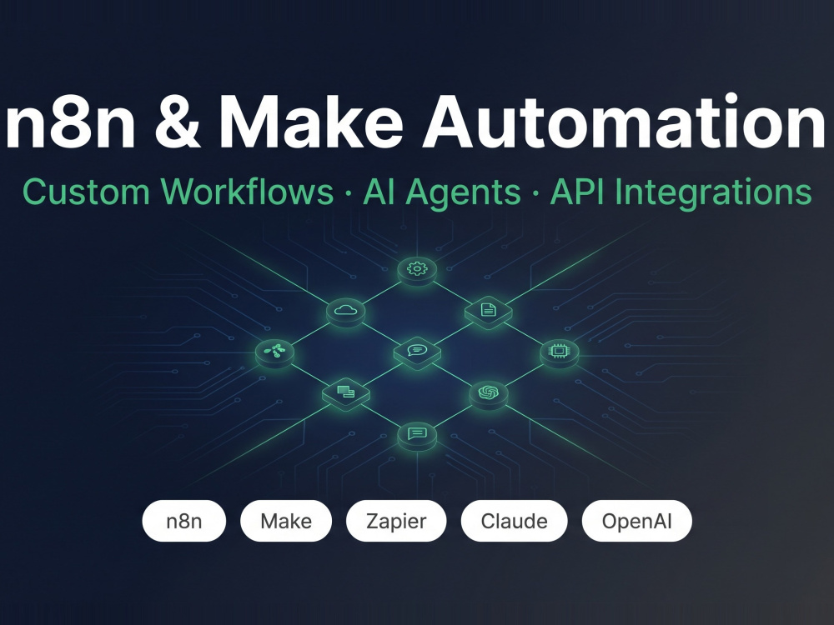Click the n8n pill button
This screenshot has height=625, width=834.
pyautogui.click(x=184, y=521)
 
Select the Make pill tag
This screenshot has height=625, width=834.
pyautogui.click(x=286, y=521)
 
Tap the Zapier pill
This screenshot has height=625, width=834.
pyautogui.click(x=396, y=521)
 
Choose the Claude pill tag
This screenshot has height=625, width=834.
pyautogui.click(x=515, y=521)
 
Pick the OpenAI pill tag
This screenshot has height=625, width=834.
pyautogui.click(x=637, y=521)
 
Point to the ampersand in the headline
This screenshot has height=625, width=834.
pyautogui.click(x=178, y=122)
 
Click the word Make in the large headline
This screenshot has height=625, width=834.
pyautogui.click(x=311, y=122)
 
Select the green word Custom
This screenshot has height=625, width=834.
pyautogui.click(x=86, y=192)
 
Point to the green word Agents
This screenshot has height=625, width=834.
pyautogui.click(x=463, y=193)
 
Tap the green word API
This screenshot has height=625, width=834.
pyautogui.click(x=578, y=192)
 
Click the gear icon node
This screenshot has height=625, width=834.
pyautogui.click(x=418, y=269)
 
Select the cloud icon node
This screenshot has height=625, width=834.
pyautogui.click(x=346, y=311)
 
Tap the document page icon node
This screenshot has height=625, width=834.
pyautogui.click(x=488, y=311)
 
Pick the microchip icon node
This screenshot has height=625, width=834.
pyautogui.click(x=559, y=352)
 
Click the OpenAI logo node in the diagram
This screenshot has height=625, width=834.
pyautogui.click(x=488, y=394)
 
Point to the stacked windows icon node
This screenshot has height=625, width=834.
pyautogui.click(x=346, y=394)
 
